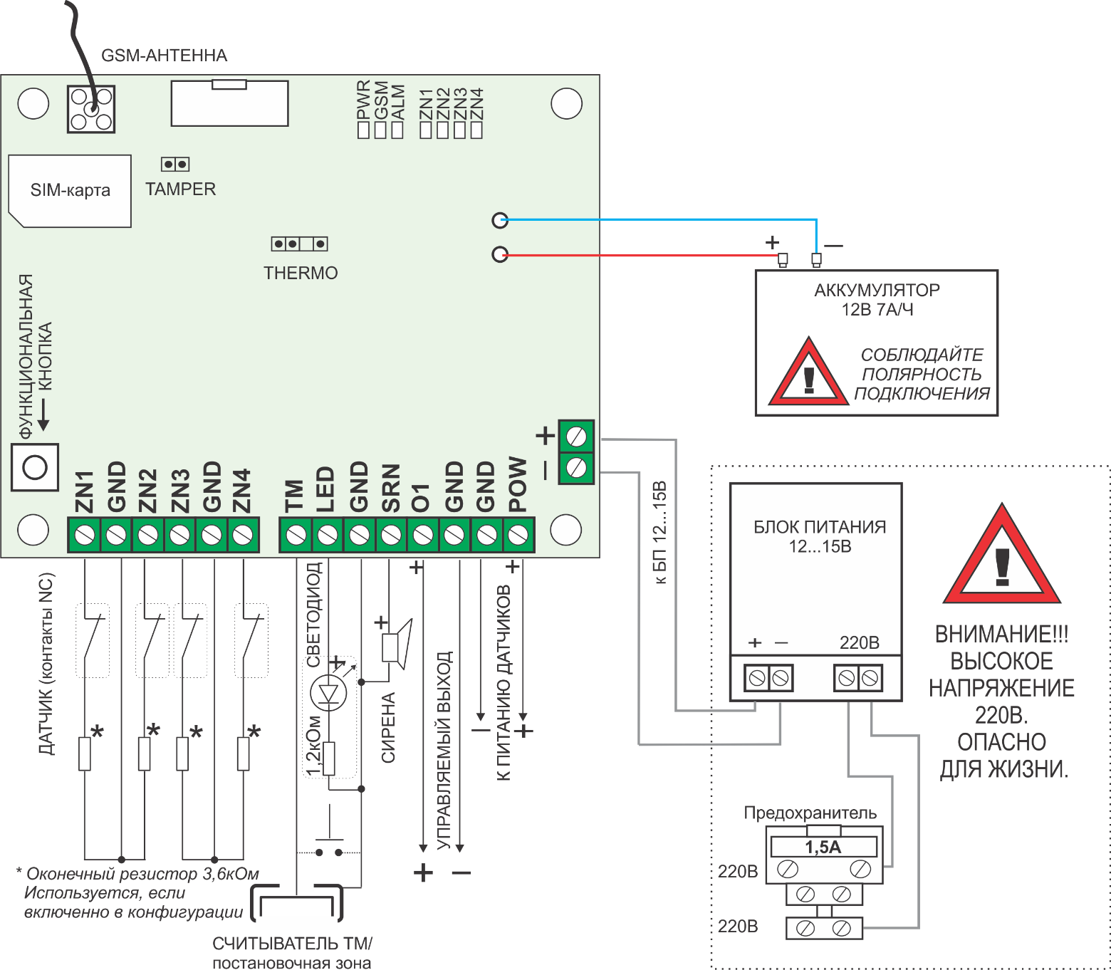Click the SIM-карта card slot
coord(70,191)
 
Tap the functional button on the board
coord(35,467)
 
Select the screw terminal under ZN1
coord(85,535)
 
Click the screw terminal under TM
coord(296,535)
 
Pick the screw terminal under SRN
coord(391,535)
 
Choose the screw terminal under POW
coord(518,535)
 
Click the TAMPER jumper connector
coord(175,165)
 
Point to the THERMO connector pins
coord(299,244)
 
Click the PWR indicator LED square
coord(363,130)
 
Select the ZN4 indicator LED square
coord(476,130)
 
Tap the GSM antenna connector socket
coord(91,109)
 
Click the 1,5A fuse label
coord(823,847)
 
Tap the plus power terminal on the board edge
coord(576,437)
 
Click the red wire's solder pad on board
coord(500,254)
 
